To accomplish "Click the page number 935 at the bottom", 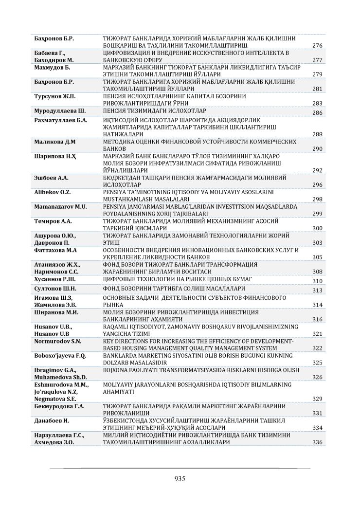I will tap(180, 478).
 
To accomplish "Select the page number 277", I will tap(317, 60).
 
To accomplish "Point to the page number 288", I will tap(317, 134).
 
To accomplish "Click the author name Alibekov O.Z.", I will tap(53, 192).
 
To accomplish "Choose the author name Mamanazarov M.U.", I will tap(61, 206).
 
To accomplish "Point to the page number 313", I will tap(317, 290).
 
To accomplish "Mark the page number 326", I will tap(317, 377).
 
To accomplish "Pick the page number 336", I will tap(317, 442).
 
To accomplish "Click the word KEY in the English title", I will tap(109, 342).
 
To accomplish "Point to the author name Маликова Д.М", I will tap(54, 142).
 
